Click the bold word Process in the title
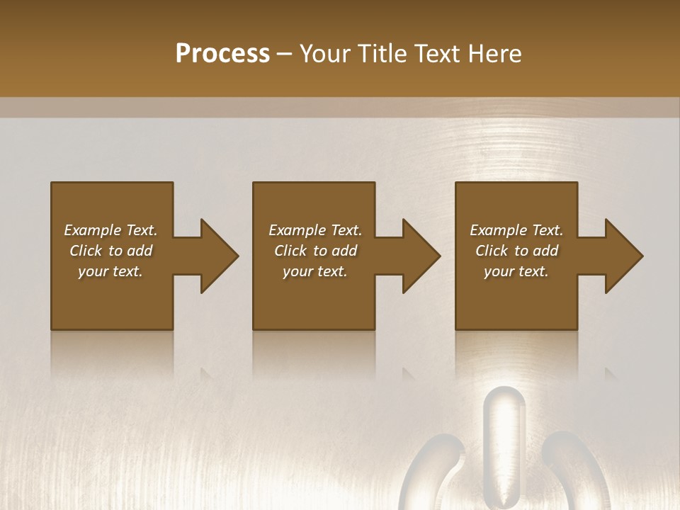click(x=222, y=54)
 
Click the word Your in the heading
click(x=324, y=54)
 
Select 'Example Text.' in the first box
click(x=110, y=230)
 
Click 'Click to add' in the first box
click(x=110, y=251)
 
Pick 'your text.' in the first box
click(x=110, y=271)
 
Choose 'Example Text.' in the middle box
click(x=315, y=230)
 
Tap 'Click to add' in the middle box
click(x=315, y=251)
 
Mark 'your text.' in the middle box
click(x=315, y=271)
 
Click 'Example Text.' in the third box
click(x=516, y=230)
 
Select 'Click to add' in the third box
click(x=516, y=251)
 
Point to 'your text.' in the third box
click(x=516, y=271)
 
